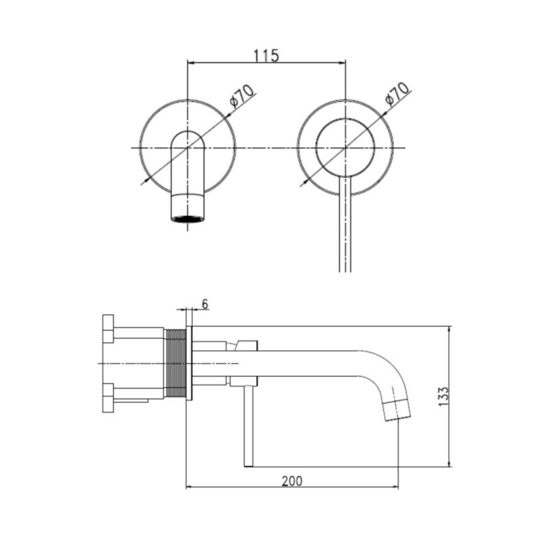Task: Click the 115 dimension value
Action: coord(266,56)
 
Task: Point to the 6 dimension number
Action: coord(205,304)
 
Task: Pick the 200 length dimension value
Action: coord(292,481)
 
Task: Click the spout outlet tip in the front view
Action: coord(188,219)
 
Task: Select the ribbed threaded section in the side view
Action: coord(175,363)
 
